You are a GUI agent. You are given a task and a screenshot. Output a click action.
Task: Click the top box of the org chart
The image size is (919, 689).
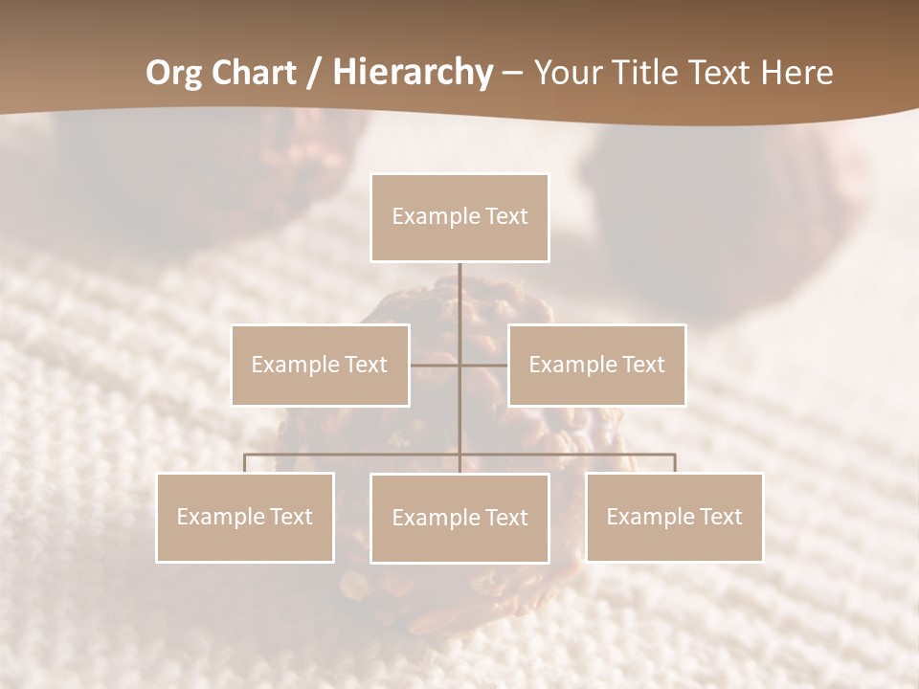(459, 217)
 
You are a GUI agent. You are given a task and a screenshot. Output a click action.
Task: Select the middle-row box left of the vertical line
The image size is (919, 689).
(320, 365)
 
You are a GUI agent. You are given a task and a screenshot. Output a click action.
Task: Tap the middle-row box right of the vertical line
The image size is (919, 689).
(596, 365)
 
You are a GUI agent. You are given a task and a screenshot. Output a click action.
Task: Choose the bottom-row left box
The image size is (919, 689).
(245, 517)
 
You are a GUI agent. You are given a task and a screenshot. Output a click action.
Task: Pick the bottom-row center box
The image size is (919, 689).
(459, 518)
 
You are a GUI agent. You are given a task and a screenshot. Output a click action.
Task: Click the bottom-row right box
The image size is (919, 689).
(674, 517)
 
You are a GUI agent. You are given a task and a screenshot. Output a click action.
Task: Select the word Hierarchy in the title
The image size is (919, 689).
(412, 72)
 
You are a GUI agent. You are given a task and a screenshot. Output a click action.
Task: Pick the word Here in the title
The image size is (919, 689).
(796, 72)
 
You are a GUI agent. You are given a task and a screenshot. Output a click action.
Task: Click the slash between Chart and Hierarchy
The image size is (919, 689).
(314, 72)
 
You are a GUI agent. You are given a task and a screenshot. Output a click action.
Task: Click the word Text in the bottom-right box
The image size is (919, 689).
(720, 517)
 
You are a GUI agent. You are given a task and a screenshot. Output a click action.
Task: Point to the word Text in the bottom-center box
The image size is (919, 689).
(505, 518)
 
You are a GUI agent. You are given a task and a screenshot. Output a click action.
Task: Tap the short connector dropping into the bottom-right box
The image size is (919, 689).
(674, 463)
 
